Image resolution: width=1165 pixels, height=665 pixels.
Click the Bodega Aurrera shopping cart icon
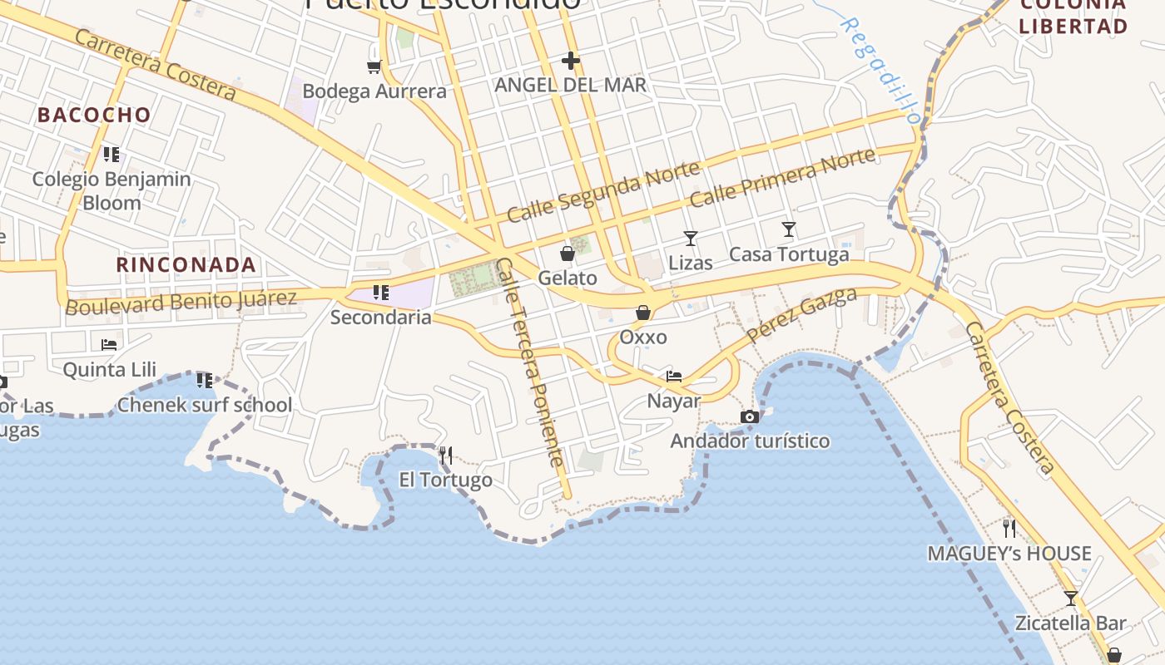(374, 66)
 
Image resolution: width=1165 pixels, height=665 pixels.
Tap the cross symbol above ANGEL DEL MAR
(570, 60)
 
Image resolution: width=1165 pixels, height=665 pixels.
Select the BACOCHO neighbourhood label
(94, 115)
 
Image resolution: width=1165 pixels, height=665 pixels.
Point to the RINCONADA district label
(186, 265)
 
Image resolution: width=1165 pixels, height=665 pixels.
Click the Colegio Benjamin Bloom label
(112, 190)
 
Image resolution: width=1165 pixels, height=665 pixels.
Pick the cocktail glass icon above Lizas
(690, 239)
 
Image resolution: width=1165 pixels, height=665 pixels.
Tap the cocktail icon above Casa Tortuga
(788, 229)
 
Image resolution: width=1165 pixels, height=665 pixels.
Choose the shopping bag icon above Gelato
(568, 254)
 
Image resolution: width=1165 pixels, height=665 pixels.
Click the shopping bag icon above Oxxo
(643, 313)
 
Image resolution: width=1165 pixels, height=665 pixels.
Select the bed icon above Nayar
(674, 377)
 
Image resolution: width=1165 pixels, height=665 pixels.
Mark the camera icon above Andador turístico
(750, 416)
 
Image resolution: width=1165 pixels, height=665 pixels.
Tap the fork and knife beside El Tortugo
(446, 455)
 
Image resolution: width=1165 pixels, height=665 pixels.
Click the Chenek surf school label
(204, 405)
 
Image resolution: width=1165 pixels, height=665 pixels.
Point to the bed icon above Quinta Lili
(109, 344)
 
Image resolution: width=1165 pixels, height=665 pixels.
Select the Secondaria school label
(381, 317)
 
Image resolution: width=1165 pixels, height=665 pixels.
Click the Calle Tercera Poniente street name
(531, 362)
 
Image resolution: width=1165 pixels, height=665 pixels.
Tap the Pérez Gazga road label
(801, 315)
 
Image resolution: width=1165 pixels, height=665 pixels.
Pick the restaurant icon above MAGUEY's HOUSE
(1009, 528)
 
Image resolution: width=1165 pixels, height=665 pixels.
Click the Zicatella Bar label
(1070, 623)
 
